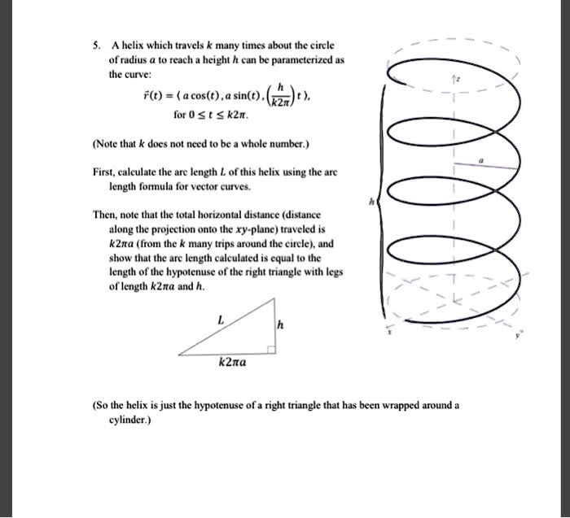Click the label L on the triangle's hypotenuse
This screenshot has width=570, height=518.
pos(218,320)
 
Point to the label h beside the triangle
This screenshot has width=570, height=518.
pos(281,326)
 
